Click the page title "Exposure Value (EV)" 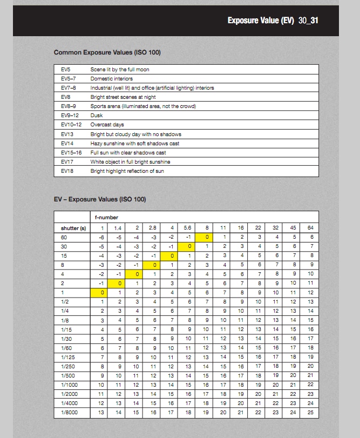[x=261, y=21]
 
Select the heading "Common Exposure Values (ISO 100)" [x=107, y=52]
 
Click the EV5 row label [x=66, y=70]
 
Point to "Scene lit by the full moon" [x=120, y=70]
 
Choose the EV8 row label [x=66, y=97]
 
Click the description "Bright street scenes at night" [x=123, y=97]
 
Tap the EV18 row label [x=67, y=171]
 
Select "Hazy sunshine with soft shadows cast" [x=135, y=144]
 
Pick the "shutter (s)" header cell [x=73, y=228]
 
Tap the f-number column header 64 [x=310, y=228]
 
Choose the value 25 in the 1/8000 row [x=310, y=413]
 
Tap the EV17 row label [x=67, y=162]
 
